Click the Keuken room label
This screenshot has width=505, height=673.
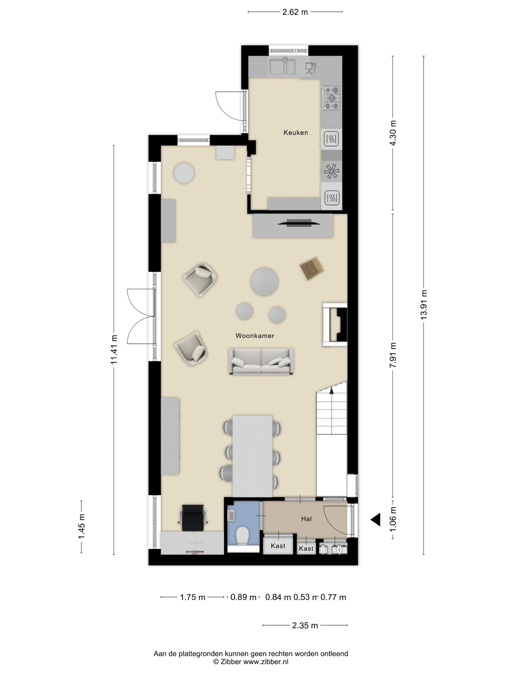(296, 133)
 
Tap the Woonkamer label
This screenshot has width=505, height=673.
(255, 336)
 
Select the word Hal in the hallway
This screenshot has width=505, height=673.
(306, 519)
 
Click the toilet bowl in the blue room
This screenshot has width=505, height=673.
(243, 536)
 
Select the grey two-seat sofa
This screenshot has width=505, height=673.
(261, 361)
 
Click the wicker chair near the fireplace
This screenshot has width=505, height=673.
(311, 268)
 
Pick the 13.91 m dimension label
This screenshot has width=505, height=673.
(424, 305)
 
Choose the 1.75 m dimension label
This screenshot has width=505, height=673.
(193, 597)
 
